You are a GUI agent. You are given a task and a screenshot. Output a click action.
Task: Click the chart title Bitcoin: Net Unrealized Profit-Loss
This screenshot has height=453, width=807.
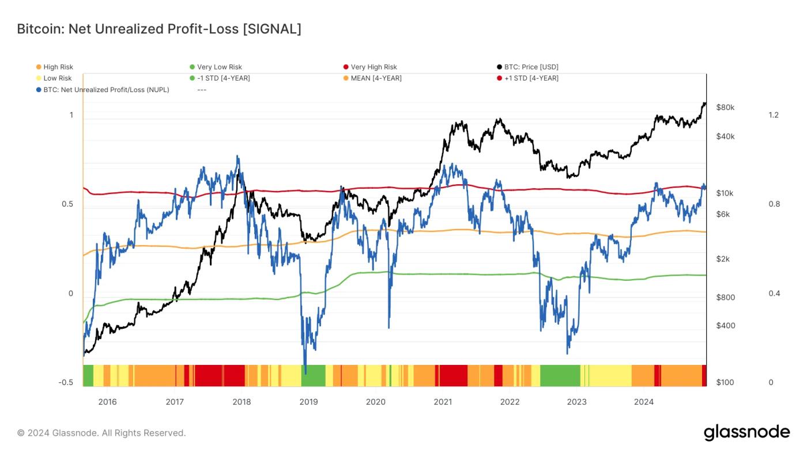pos(159,29)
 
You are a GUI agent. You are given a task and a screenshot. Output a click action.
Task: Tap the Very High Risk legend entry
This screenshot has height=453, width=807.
pos(374,67)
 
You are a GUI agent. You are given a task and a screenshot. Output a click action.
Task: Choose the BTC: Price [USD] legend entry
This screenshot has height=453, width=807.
pos(531,67)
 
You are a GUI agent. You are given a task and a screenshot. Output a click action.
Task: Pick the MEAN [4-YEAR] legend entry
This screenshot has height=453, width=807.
pos(376,78)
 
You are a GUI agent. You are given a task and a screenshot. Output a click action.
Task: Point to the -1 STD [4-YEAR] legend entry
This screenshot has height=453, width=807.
pos(224,78)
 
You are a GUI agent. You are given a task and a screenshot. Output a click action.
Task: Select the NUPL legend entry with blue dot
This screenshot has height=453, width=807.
pos(106,89)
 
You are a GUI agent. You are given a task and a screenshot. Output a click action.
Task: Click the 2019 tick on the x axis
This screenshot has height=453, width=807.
pos(308,402)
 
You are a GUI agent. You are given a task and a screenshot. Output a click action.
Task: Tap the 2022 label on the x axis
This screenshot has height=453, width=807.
pos(510,402)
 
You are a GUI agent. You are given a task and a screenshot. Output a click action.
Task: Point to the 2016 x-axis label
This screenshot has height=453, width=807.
pos(107,402)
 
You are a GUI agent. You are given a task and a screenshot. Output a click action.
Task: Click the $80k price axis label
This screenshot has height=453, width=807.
pos(725,108)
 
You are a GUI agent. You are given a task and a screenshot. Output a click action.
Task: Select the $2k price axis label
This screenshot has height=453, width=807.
pos(723,259)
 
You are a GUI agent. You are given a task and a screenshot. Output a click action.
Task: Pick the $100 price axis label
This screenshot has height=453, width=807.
pos(725,383)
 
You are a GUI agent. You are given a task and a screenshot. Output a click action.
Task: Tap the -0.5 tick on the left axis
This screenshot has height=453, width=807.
pos(67,383)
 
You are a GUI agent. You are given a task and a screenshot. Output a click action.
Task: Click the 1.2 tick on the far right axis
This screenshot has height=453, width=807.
pos(774,115)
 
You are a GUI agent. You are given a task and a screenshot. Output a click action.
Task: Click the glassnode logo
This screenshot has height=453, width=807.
pos(746,432)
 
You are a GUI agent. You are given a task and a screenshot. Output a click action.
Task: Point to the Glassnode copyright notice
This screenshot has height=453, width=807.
pos(101,433)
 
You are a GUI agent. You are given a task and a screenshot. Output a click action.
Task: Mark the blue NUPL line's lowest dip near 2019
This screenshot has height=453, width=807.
pos(305,371)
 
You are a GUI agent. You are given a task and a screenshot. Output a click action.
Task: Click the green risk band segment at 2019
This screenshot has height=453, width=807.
pos(313,375)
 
